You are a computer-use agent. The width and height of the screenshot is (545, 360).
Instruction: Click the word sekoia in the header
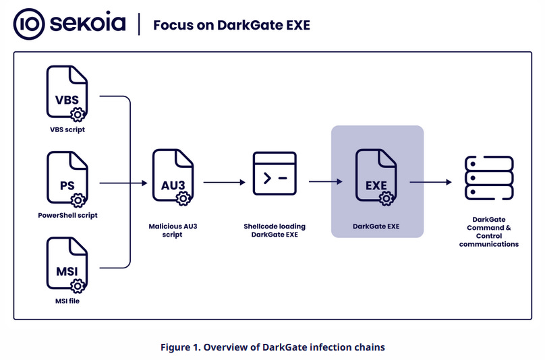pos(86,24)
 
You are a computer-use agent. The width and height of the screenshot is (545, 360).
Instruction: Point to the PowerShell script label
pos(67,215)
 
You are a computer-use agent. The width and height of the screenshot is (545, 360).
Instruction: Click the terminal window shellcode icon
pos(275,177)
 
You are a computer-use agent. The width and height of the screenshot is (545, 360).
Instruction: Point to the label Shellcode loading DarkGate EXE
pos(275,230)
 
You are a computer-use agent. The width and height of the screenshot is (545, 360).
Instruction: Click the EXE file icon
pos(376,177)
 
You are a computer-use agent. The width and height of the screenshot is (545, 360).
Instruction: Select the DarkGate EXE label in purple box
pos(376,227)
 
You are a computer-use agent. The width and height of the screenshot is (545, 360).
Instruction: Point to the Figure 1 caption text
pos(272,347)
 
